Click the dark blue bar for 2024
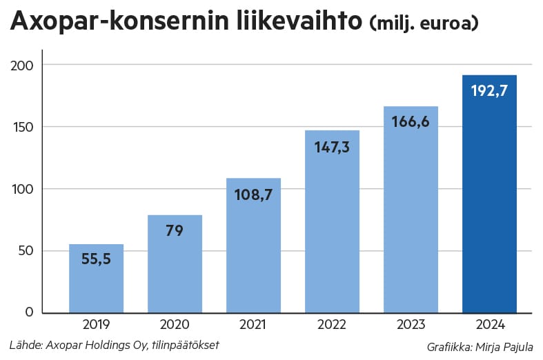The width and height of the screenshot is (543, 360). [x=488, y=200]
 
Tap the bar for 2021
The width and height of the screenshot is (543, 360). [x=253, y=248]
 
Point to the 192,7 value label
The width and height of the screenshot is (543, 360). [x=489, y=90]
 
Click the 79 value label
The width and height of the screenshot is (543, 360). [x=175, y=230]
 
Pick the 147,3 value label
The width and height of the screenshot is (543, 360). [x=332, y=146]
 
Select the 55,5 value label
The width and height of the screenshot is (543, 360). [x=96, y=260]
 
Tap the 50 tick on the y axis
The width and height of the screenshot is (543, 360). [x=26, y=250]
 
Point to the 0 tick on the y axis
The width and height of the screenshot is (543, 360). [x=30, y=312]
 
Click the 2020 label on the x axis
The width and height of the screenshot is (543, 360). [x=175, y=325]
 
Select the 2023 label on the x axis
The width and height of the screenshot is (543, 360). [x=411, y=325]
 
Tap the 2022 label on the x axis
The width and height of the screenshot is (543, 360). [x=332, y=325]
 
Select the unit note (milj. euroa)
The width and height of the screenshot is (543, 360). [x=424, y=24]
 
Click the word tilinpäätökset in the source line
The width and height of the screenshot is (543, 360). [x=188, y=344]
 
